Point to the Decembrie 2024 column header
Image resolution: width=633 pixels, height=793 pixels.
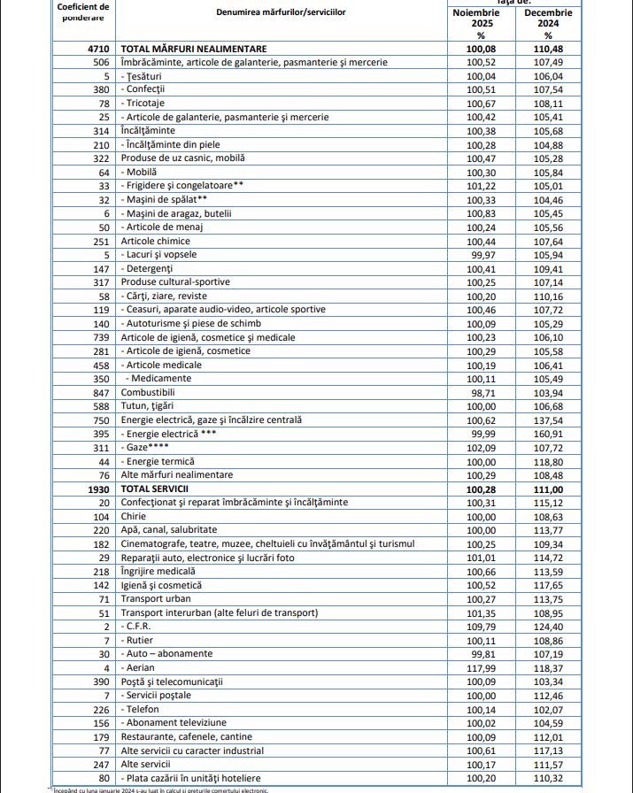pos(548,19)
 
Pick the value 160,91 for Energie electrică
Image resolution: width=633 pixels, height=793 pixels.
pos(548,434)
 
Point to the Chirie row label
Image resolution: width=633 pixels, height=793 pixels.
pos(134,516)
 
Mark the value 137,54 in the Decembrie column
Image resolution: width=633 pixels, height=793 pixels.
pos(548,420)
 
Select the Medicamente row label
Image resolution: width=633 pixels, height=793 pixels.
pos(160,379)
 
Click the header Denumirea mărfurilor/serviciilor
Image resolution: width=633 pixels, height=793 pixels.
pos(282,12)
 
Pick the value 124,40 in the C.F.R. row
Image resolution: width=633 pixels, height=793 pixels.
pos(548,626)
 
